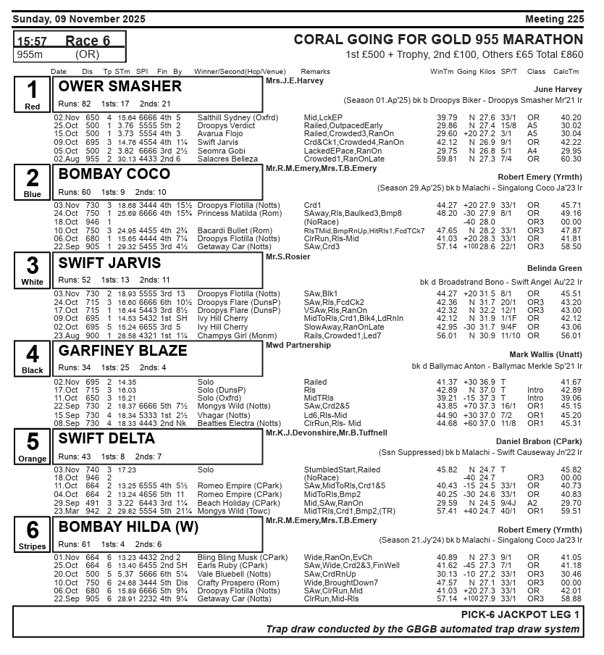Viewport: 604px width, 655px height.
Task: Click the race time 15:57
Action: click(x=32, y=41)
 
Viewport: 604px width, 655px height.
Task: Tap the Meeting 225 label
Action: click(x=554, y=18)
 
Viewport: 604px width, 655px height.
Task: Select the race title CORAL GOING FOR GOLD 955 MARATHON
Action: click(x=438, y=40)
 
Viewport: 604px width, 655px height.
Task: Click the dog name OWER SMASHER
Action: click(x=120, y=87)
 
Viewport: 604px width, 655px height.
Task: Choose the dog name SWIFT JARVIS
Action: click(x=110, y=263)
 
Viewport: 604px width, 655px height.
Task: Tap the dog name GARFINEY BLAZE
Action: click(x=122, y=351)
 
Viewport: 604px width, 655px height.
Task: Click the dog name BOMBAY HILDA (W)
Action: click(x=128, y=527)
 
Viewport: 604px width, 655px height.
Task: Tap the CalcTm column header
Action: click(x=566, y=72)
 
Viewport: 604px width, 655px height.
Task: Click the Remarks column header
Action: click(x=315, y=72)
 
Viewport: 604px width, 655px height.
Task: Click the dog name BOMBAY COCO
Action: click(x=114, y=175)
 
